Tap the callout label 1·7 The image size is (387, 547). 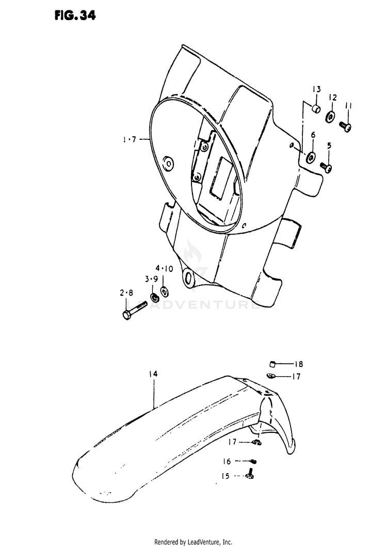click(129, 139)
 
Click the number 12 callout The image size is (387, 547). click(332, 97)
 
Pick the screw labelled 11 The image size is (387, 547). click(345, 125)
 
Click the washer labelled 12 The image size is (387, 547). click(329, 117)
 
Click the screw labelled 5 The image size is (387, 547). click(326, 167)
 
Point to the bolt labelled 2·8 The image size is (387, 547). click(135, 312)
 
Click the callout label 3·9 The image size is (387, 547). click(151, 279)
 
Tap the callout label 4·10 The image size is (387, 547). click(165, 268)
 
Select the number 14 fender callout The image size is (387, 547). click(154, 374)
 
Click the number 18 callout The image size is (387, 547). click(299, 364)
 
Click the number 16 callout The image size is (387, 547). click(227, 461)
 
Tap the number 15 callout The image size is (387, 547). click(226, 476)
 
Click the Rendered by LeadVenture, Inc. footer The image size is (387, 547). click(193, 542)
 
